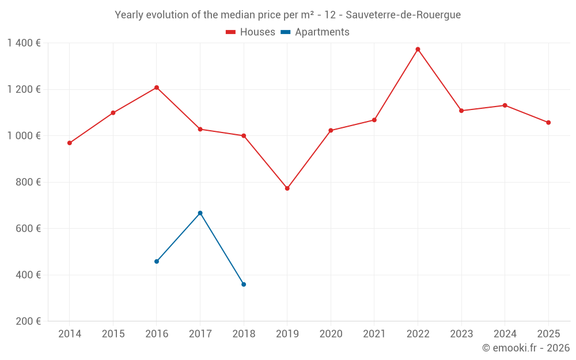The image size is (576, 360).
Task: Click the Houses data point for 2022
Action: [418, 50]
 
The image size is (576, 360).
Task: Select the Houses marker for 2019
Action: [287, 188]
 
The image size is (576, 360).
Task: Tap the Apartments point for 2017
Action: [200, 213]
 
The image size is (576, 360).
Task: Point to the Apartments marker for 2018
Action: [244, 285]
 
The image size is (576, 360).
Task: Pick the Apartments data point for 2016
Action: [157, 262]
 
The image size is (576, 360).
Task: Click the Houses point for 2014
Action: [70, 143]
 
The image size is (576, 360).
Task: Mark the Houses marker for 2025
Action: [548, 123]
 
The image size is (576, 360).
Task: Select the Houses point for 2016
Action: [157, 88]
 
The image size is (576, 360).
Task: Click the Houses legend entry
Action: [251, 32]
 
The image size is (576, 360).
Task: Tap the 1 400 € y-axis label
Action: [24, 43]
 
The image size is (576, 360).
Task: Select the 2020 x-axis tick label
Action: [331, 334]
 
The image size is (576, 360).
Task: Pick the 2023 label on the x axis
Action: [461, 334]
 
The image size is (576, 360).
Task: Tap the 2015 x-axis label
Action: [113, 334]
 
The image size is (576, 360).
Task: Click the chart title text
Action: [287, 15]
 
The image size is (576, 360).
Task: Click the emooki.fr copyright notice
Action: [525, 348]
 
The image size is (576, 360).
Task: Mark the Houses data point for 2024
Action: [505, 105]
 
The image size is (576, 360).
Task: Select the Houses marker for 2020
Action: [331, 131]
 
